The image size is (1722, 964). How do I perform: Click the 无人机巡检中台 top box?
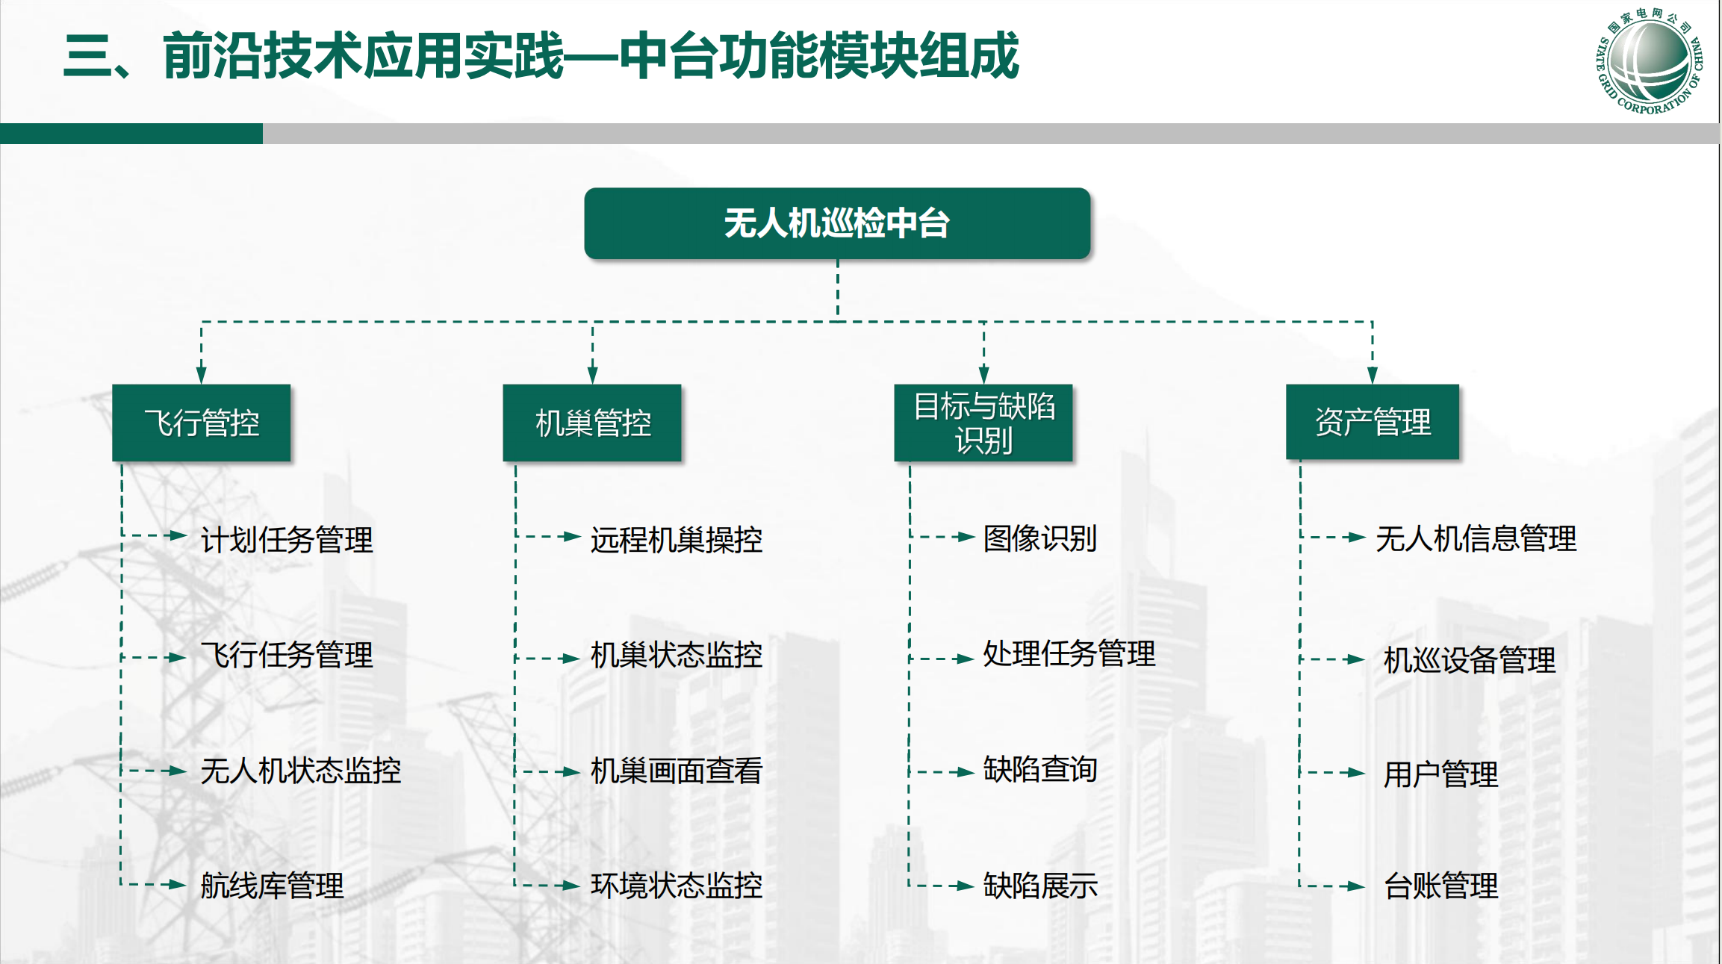[x=837, y=223]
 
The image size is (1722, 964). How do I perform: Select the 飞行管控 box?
[x=202, y=423]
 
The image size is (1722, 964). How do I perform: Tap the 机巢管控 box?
[x=592, y=423]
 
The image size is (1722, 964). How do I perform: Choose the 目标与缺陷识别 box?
[x=983, y=423]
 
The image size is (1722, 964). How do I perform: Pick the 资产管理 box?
[x=1373, y=422]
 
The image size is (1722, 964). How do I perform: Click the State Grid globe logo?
[x=1650, y=61]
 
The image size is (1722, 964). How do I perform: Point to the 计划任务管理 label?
[x=287, y=539]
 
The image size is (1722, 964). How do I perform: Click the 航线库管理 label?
[x=273, y=886]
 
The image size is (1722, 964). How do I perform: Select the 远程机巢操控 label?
[x=677, y=539]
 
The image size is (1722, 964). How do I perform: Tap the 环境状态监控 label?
[x=677, y=886]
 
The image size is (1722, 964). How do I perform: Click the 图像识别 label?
[x=1040, y=538]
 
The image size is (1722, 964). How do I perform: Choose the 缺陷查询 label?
[x=1040, y=769]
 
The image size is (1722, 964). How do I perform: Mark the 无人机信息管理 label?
[x=1476, y=538]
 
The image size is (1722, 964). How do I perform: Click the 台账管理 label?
[x=1441, y=886]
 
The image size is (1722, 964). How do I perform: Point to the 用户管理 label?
[x=1441, y=774]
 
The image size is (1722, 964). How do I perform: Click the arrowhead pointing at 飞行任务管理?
[x=177, y=658]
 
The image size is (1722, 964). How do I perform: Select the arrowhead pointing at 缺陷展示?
[x=966, y=886]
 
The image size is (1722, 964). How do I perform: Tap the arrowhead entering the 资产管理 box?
[x=1373, y=376]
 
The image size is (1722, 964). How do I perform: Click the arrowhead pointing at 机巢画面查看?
[x=571, y=772]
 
